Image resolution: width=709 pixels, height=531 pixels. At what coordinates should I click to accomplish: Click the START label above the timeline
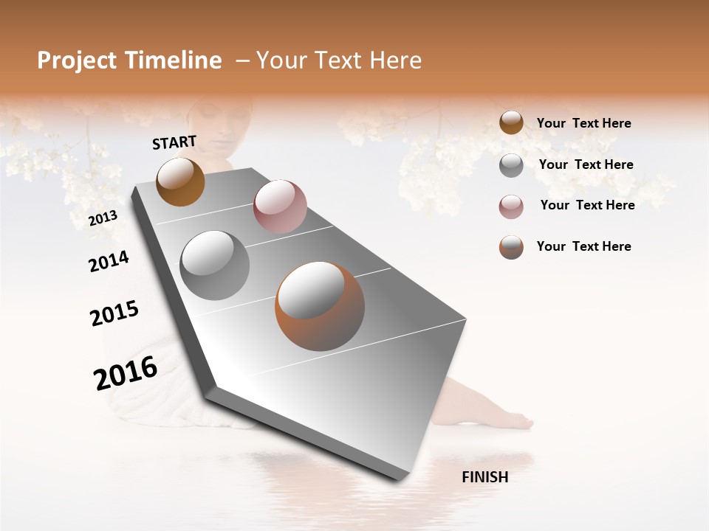click(x=174, y=142)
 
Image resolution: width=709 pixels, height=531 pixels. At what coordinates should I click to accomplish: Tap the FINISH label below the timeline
click(x=484, y=477)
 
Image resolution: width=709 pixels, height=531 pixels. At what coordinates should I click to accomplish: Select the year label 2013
click(x=103, y=218)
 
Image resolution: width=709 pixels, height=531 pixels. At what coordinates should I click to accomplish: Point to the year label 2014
click(x=109, y=261)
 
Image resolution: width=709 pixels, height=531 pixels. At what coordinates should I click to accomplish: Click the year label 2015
click(x=114, y=313)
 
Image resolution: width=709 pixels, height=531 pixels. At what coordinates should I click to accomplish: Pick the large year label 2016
click(x=126, y=372)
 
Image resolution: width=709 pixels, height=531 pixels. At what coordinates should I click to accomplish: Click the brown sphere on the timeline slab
click(x=180, y=181)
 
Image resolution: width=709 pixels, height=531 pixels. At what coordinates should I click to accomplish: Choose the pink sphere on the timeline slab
click(x=280, y=206)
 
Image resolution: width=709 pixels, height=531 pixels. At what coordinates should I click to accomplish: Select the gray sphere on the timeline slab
click(x=214, y=265)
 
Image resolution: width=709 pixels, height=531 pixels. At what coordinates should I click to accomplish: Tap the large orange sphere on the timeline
click(x=320, y=306)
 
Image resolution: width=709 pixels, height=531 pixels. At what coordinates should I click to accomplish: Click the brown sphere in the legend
click(x=511, y=122)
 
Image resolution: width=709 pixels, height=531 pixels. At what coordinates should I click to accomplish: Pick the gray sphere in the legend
click(x=511, y=165)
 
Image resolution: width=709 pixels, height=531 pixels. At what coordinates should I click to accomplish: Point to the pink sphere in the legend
click(x=511, y=206)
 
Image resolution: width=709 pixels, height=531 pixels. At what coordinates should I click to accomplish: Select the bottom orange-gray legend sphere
click(x=511, y=247)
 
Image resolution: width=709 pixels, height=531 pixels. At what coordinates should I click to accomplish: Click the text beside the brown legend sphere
click(x=583, y=123)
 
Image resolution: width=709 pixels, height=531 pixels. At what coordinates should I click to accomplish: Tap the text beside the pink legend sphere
click(x=587, y=205)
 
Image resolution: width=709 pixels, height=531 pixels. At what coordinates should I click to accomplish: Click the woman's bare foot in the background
click(x=510, y=420)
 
